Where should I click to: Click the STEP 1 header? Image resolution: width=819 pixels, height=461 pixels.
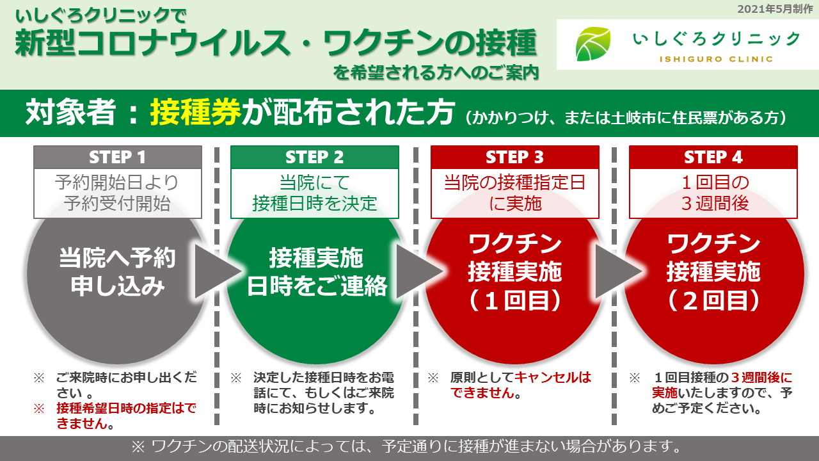point(117,158)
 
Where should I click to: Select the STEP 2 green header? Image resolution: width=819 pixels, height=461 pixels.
point(314,158)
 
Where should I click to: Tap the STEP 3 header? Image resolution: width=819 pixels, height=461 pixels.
point(515,158)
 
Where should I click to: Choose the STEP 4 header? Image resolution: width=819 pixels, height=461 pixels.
point(713,158)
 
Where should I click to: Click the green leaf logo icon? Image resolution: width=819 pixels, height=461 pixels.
point(592,44)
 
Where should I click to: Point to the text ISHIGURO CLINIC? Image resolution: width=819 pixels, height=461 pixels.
point(716,60)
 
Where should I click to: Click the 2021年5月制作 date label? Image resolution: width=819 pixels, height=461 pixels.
point(775,9)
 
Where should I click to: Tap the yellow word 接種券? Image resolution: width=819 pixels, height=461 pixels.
point(195,112)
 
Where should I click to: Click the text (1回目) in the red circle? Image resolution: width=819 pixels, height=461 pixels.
point(515,301)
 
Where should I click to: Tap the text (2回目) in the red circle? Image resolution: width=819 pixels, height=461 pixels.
point(713,301)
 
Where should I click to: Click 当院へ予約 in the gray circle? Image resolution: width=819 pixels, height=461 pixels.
point(117,257)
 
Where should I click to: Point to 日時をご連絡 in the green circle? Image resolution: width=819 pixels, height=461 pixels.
point(317,286)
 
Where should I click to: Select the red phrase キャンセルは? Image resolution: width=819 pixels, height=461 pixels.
point(553,377)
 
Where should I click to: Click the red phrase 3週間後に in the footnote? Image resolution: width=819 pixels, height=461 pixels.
point(761,377)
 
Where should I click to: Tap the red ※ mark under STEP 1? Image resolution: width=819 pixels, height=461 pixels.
point(39,408)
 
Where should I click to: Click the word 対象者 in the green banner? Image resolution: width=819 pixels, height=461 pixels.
point(70,112)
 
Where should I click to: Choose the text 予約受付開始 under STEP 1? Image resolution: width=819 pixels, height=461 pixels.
point(117,204)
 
